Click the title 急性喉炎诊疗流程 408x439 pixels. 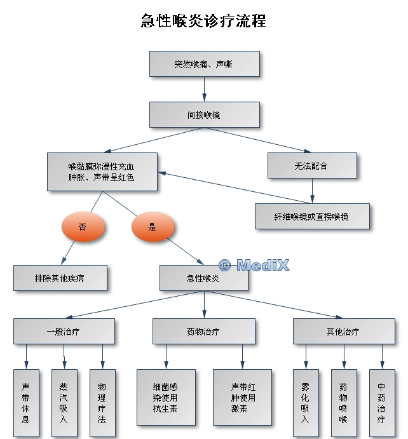[x=203, y=22]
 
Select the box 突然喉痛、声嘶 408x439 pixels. [x=205, y=64]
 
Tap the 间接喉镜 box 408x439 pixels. [x=205, y=115]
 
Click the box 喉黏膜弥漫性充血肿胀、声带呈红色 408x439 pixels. [x=102, y=172]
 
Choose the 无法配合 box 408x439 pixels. [x=311, y=166]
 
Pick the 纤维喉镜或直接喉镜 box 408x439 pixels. [x=312, y=217]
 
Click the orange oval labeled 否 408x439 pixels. [x=83, y=227]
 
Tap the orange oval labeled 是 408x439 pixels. [x=153, y=227]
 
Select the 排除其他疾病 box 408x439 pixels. [x=60, y=278]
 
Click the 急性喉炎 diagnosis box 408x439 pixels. [x=203, y=278]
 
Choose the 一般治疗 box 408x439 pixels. [x=64, y=331]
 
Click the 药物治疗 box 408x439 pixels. [x=204, y=331]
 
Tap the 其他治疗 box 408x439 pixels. [x=343, y=331]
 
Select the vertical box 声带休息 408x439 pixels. [x=26, y=403]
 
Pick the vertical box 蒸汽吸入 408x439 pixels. [x=64, y=403]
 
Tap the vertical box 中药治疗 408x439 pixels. [x=382, y=403]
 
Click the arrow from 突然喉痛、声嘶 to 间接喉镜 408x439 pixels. [x=205, y=90]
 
